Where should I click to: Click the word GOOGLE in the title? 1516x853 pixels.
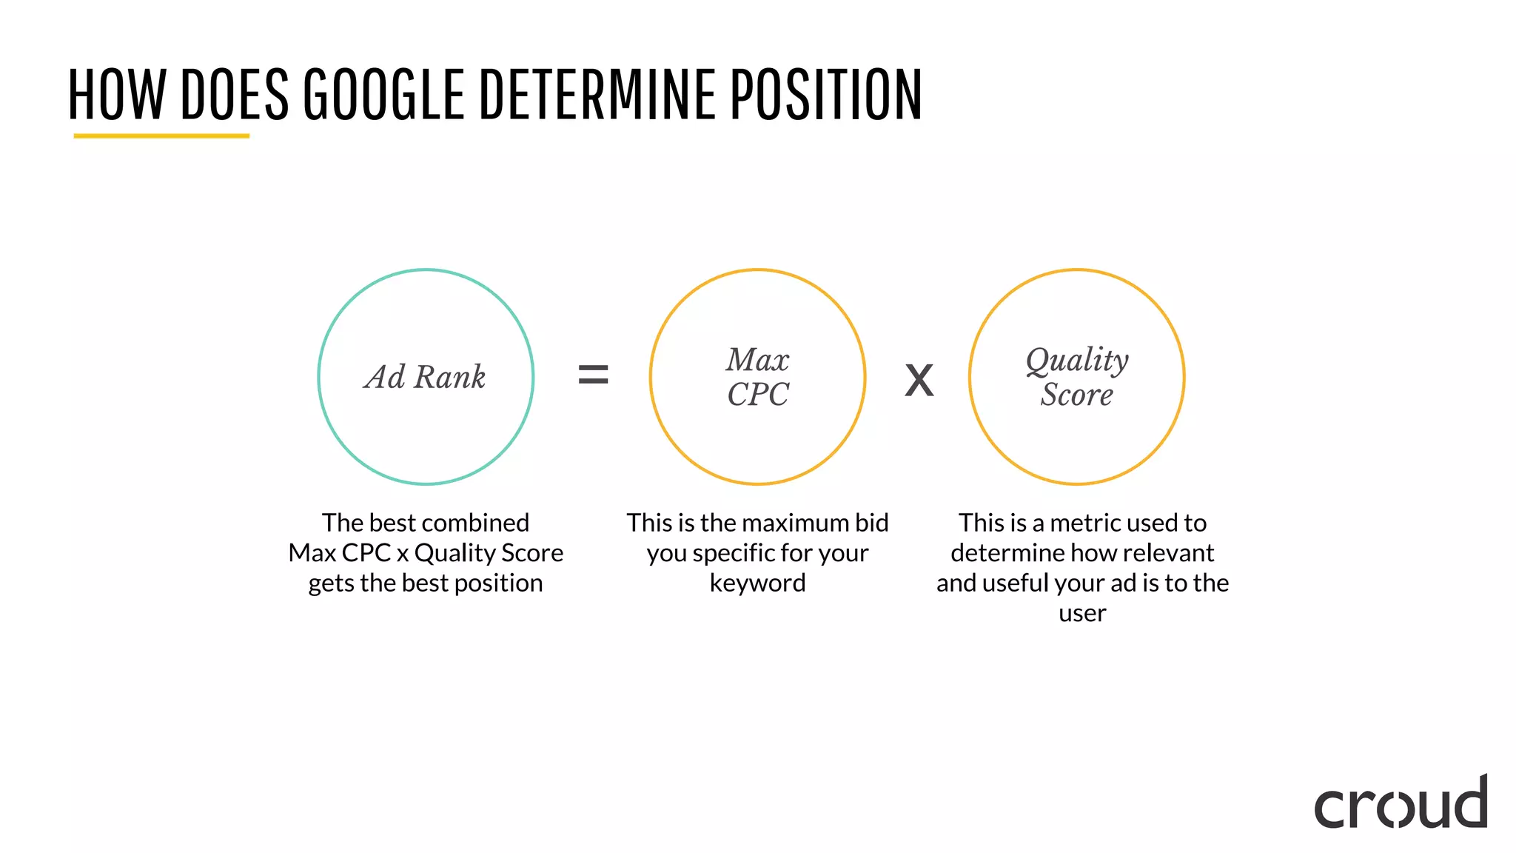point(383,94)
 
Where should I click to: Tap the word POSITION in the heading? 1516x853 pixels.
point(826,94)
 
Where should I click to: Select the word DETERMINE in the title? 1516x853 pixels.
point(598,94)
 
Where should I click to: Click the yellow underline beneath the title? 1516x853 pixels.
point(161,136)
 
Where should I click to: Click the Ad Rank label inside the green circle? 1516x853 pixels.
point(425,377)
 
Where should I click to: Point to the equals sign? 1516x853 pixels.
point(593,375)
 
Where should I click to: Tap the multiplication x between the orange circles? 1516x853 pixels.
point(919,381)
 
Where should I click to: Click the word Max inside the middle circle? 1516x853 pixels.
point(757,360)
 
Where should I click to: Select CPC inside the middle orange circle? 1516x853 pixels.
point(757,394)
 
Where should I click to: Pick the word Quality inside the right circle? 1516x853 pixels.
point(1077,360)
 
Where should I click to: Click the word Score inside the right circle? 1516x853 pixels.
point(1077,394)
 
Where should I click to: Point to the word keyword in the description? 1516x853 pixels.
point(757,583)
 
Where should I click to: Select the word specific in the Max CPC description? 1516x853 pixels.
point(734,553)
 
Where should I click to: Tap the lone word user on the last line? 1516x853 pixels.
point(1082,614)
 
